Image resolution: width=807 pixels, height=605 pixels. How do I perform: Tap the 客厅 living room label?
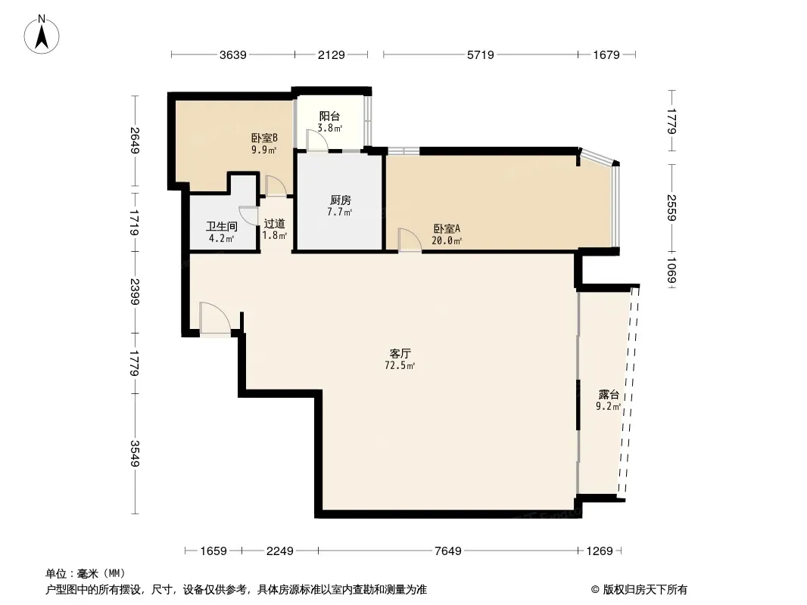400,353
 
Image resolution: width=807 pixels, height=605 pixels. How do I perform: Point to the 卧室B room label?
264,138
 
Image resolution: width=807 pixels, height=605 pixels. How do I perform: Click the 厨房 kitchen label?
340,200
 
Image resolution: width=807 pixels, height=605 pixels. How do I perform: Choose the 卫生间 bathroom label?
222,226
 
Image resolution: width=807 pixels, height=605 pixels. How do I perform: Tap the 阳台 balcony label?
329,116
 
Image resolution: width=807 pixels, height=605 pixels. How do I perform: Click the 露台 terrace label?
609,394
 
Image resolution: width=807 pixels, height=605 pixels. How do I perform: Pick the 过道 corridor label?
274,224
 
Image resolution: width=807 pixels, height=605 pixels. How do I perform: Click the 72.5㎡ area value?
400,366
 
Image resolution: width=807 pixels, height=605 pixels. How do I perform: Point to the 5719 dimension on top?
480,54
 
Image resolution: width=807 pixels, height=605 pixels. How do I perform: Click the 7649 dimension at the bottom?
447,551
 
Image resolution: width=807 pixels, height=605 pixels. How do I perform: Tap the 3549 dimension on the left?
135,453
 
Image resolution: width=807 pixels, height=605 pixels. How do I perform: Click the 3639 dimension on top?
232,54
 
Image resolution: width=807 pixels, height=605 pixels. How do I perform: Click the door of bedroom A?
410,240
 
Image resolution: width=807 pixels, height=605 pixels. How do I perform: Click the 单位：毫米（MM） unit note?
86,574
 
